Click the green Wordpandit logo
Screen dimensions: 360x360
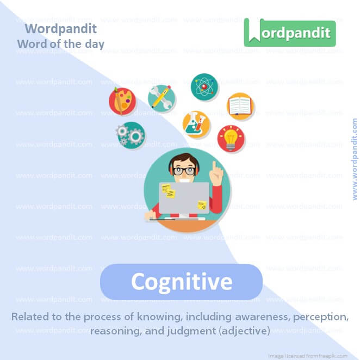click(x=290, y=33)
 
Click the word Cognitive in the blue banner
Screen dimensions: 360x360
click(x=182, y=282)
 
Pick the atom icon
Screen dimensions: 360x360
click(x=204, y=86)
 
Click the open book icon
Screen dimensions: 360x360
click(x=240, y=106)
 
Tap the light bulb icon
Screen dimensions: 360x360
click(x=231, y=138)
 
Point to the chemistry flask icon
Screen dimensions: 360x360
click(x=196, y=125)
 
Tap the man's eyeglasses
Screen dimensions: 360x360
click(x=184, y=170)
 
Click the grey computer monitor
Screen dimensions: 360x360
click(x=184, y=197)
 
